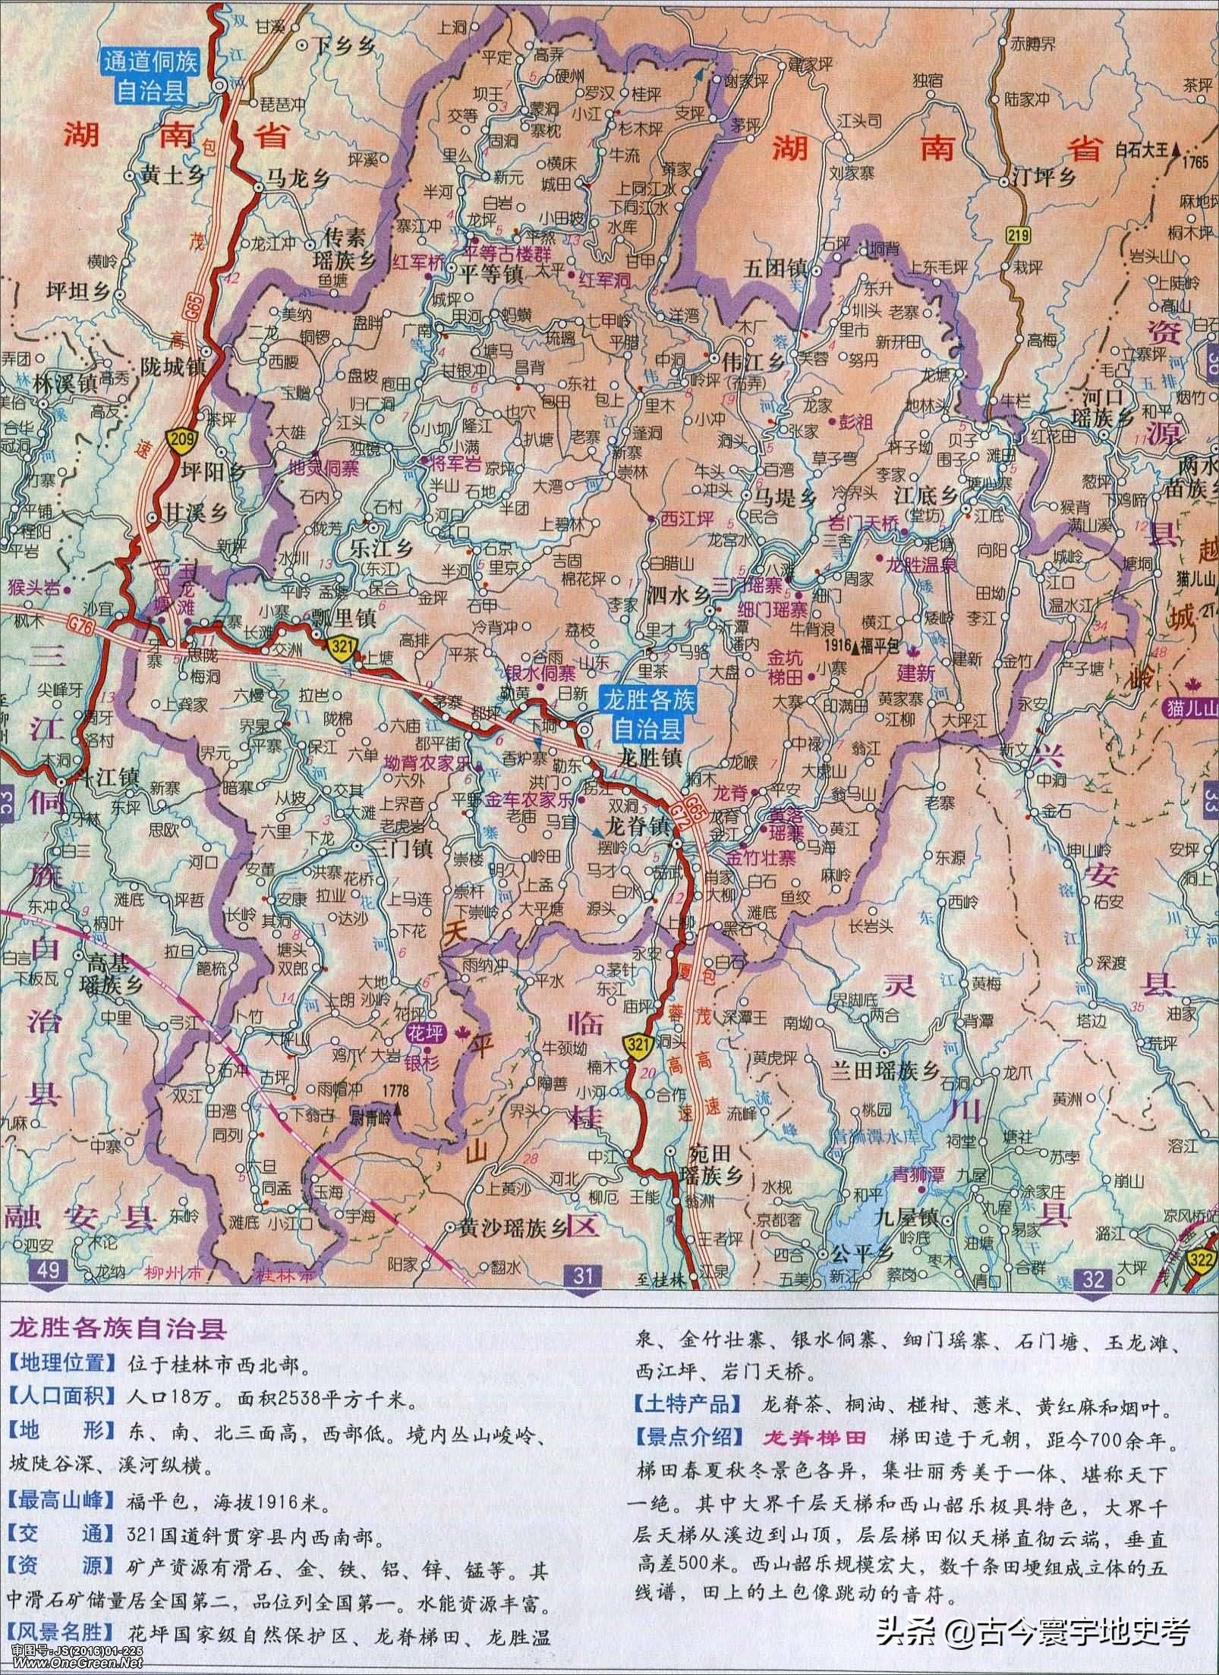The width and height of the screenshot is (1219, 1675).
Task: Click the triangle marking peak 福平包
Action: [x=856, y=648]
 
